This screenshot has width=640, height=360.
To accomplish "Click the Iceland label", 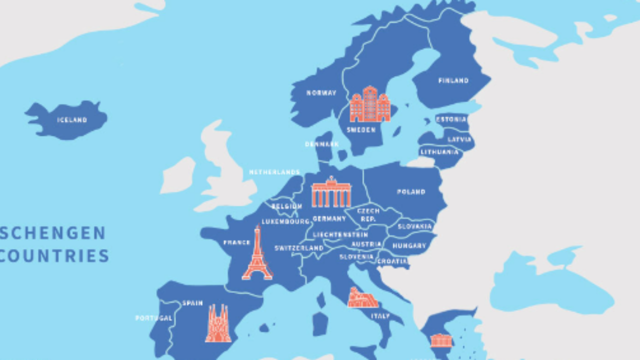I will click(x=72, y=120).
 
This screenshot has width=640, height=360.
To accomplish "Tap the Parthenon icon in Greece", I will click(x=441, y=340).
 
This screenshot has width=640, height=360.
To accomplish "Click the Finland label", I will click(x=453, y=80).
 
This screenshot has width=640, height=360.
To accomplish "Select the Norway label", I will click(x=321, y=93).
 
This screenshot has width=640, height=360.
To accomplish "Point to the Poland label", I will click(x=411, y=191).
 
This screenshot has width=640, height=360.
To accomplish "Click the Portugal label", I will click(x=153, y=318).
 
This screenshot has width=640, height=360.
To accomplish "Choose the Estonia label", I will click(x=451, y=119).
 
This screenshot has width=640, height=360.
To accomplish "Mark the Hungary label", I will click(x=409, y=246).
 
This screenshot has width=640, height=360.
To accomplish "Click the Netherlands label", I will click(x=274, y=172).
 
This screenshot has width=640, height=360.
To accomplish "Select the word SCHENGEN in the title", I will click(x=53, y=233).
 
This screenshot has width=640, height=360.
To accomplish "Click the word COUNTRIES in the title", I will click(x=54, y=256).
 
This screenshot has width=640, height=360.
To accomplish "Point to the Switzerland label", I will click(x=298, y=248).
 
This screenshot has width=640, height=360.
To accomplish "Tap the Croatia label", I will click(x=392, y=261).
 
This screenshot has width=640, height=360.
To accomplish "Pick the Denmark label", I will click(x=322, y=144).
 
